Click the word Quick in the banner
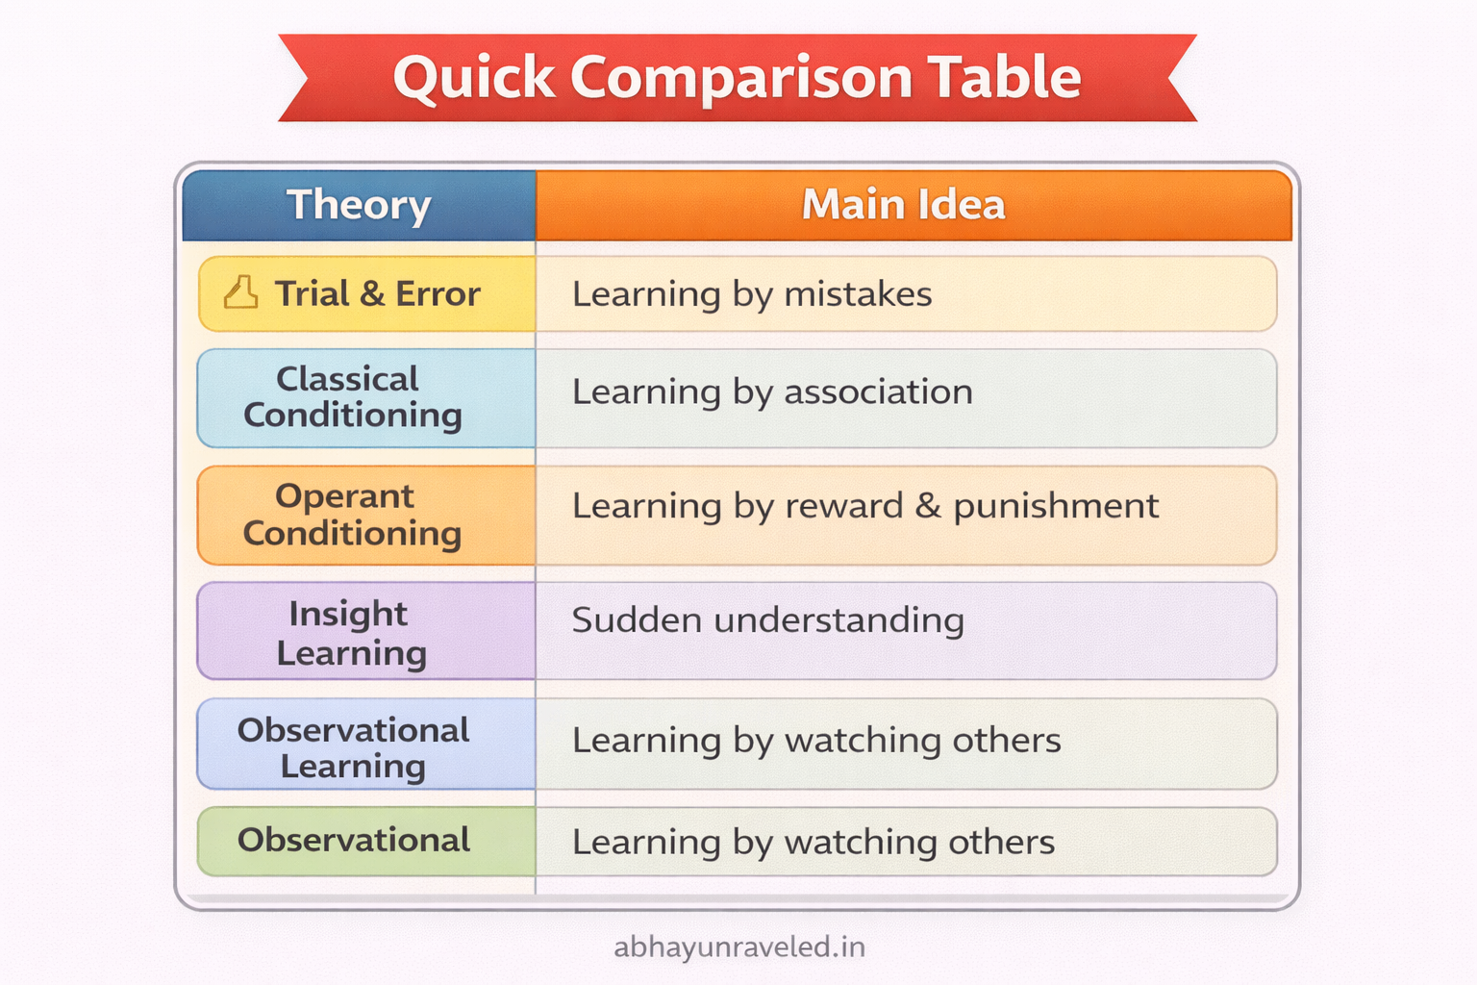(474, 79)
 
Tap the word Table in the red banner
(1004, 77)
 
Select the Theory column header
(359, 205)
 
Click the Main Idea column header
(903, 204)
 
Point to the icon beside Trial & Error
(240, 292)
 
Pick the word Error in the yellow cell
(438, 293)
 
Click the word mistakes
(858, 293)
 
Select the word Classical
(347, 379)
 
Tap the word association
(878, 391)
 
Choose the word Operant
(345, 497)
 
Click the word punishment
(1056, 507)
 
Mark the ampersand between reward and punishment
(928, 505)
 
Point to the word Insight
(348, 615)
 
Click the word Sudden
(637, 620)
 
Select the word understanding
(839, 620)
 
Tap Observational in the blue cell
(354, 730)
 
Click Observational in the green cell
(354, 840)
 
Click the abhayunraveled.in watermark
(739, 947)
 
